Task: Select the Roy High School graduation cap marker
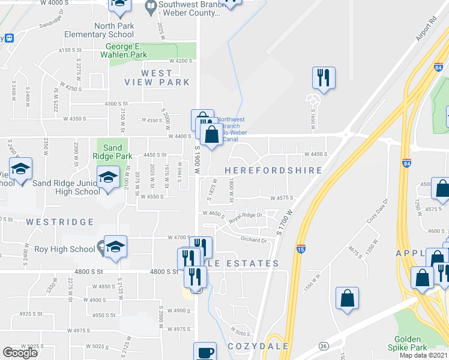(115, 247)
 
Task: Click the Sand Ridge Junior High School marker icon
(109, 178)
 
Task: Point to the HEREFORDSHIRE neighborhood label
(273, 170)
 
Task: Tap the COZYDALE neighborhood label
(258, 346)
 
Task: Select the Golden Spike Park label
(417, 343)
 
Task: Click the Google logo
(20, 352)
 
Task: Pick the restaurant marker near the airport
(324, 77)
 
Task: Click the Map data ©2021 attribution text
(423, 355)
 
